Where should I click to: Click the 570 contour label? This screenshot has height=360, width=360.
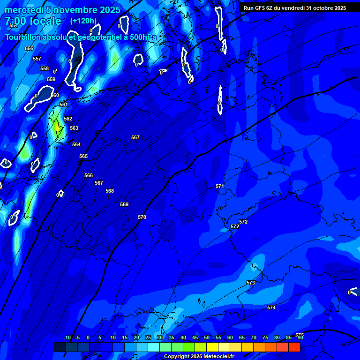[x=142, y=217]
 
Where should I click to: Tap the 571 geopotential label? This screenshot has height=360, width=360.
[x=220, y=186]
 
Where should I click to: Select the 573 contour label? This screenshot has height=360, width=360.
[x=251, y=283]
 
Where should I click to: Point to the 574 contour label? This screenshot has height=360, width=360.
[x=271, y=307]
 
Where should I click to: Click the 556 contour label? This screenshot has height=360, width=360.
[x=29, y=48]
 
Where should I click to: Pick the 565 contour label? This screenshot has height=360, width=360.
[x=83, y=156]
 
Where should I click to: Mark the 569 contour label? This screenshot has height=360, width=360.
[x=124, y=204]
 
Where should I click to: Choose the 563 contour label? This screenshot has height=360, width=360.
[x=74, y=128]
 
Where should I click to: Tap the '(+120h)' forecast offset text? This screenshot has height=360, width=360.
[x=83, y=21]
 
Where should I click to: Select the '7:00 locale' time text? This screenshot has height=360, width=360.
[x=33, y=21]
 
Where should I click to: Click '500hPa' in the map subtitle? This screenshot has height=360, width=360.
[x=142, y=37]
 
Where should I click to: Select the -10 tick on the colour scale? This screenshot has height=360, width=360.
[x=67, y=337]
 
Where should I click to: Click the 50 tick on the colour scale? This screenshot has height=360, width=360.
[x=207, y=337]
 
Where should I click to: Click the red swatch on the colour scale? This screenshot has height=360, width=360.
[x=294, y=347]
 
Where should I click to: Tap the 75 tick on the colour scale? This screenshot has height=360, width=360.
[x=265, y=337]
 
